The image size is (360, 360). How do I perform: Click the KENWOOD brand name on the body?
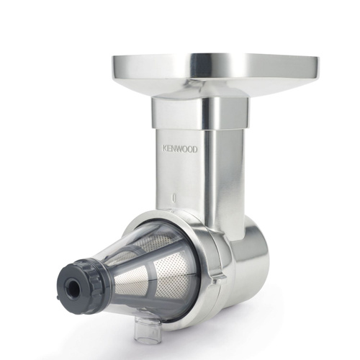click(180, 149)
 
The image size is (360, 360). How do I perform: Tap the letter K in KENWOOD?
click(164, 149)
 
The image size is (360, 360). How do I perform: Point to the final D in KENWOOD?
click(195, 150)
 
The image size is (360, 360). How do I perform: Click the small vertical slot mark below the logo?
click(174, 197)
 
